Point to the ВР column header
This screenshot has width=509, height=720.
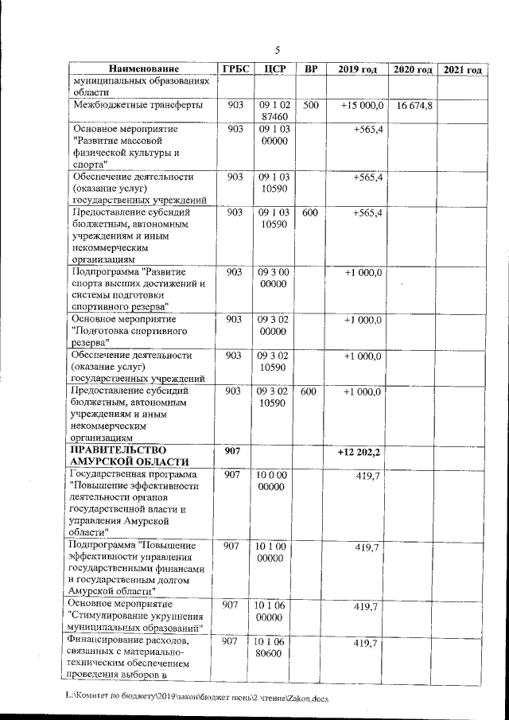pos(310,69)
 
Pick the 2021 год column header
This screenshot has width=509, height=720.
pos(462,70)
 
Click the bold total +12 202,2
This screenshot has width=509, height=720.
pos(359,452)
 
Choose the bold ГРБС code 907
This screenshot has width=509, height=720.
pos(234,452)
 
